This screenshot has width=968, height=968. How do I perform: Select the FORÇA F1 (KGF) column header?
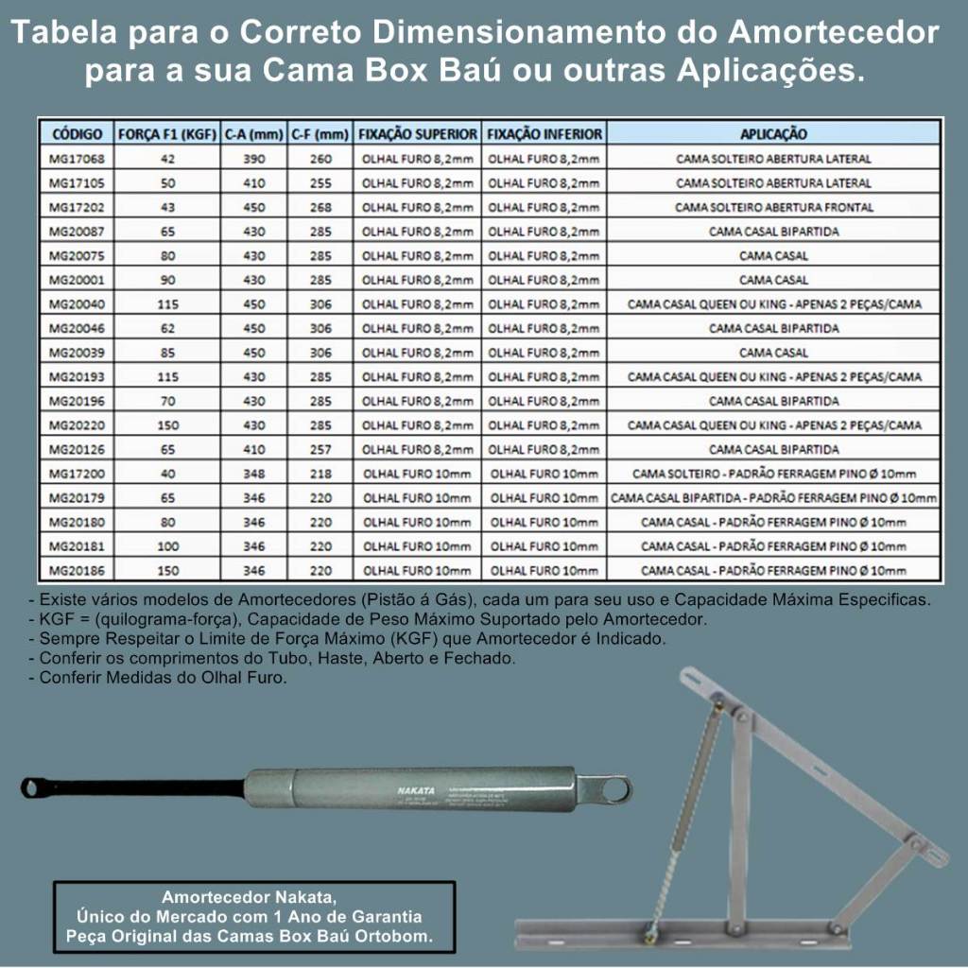(167, 134)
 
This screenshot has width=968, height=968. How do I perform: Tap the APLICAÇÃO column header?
(773, 134)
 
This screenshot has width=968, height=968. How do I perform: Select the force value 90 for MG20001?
(167, 280)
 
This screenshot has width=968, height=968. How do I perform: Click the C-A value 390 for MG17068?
(253, 159)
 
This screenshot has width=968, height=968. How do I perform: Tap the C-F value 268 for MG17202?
(320, 207)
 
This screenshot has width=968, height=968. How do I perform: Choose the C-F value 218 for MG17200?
(320, 474)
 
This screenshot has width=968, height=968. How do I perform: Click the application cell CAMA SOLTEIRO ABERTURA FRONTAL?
(773, 207)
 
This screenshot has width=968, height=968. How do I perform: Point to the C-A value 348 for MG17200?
(253, 474)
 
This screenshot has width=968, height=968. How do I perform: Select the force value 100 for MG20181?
(167, 546)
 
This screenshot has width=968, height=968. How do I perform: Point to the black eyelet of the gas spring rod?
(36, 786)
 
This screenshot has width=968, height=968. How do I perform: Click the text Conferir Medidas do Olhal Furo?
(161, 677)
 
